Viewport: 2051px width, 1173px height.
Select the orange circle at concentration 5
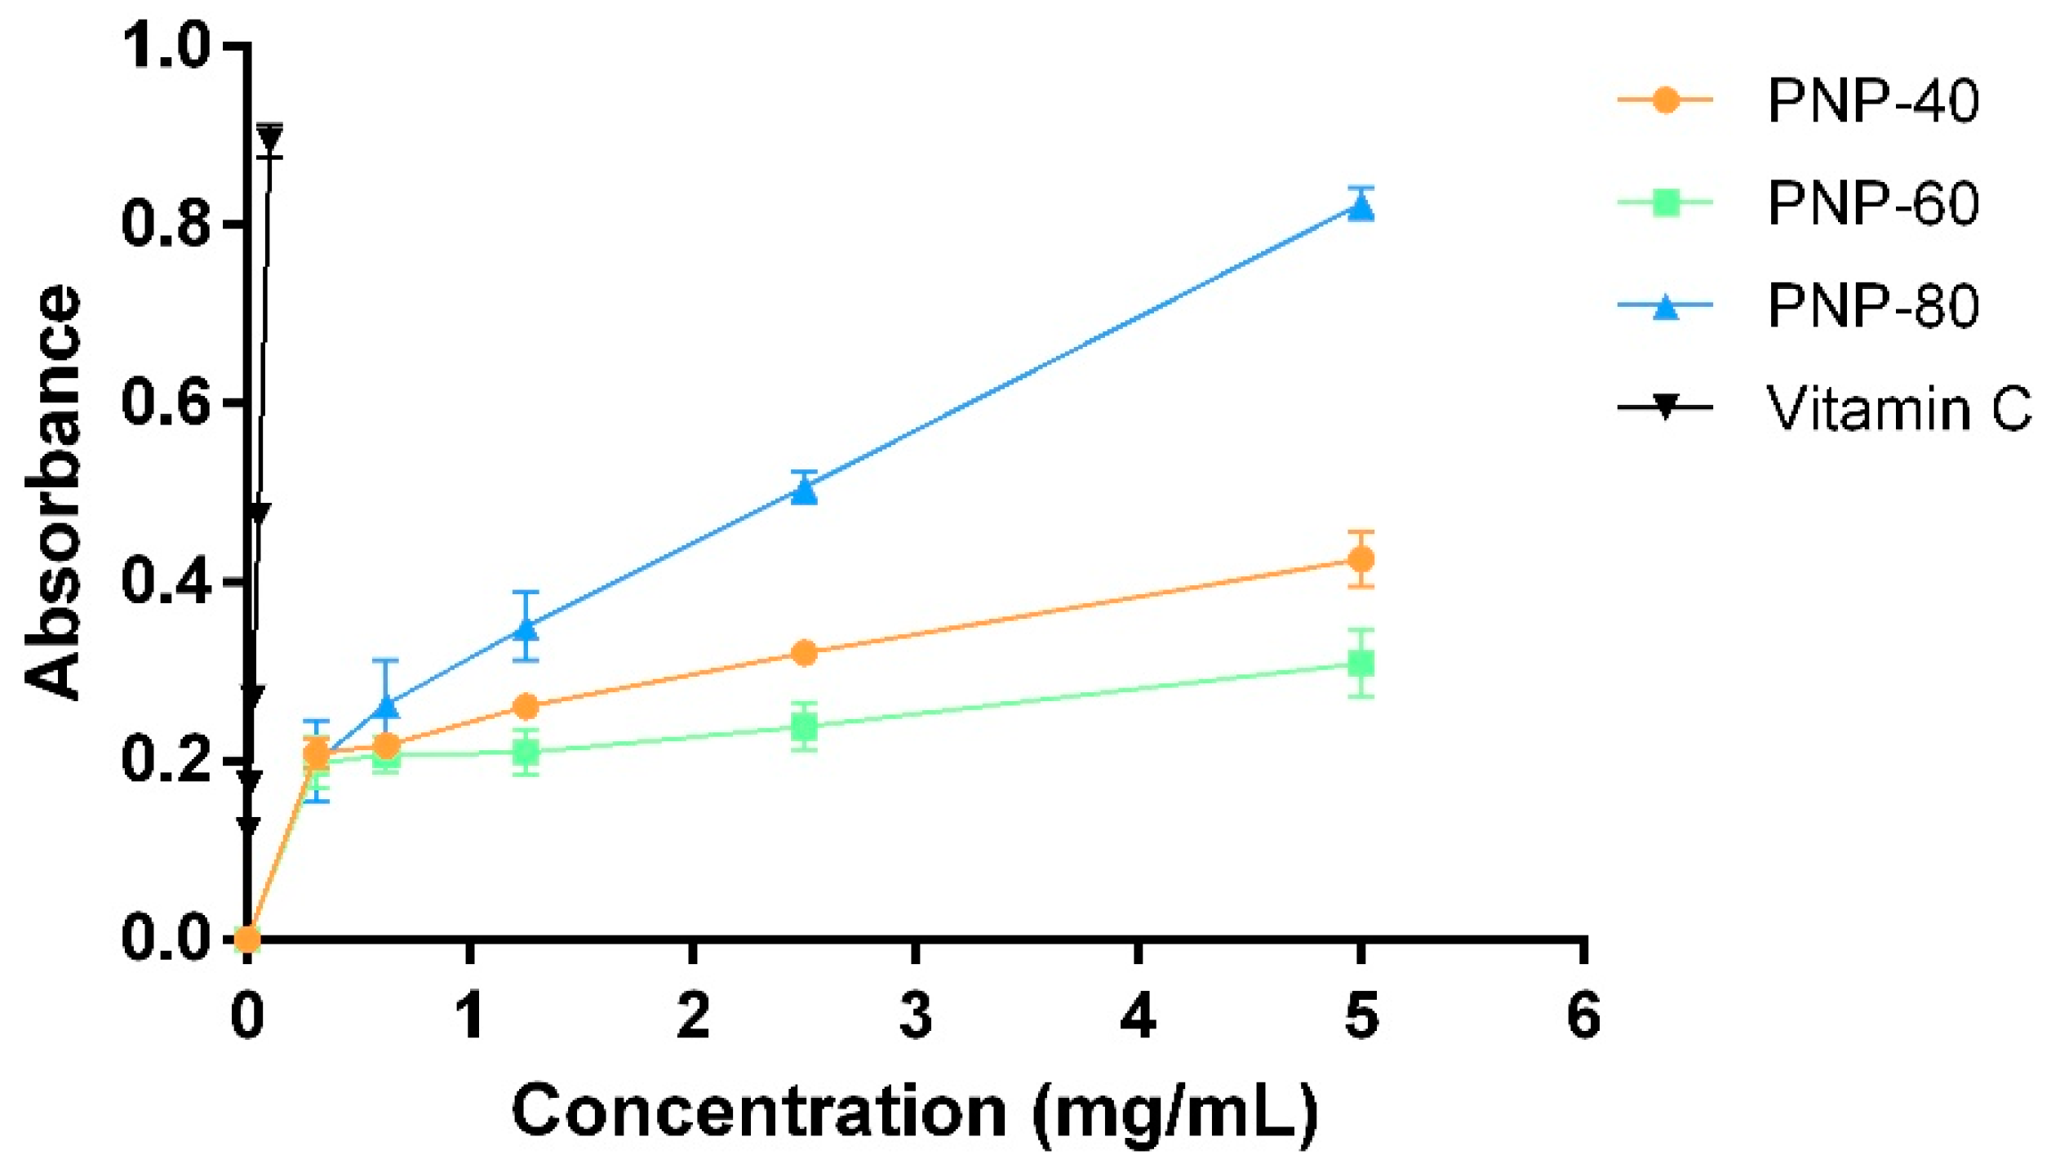pos(1361,560)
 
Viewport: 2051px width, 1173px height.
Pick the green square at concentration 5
pos(1361,664)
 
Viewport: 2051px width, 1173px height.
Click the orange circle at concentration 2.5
pos(805,653)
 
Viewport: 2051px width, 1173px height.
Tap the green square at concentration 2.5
pos(805,726)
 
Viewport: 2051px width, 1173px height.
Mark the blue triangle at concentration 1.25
pos(527,628)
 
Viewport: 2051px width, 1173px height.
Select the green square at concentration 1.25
pos(527,751)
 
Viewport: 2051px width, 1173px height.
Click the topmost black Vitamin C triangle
pos(270,136)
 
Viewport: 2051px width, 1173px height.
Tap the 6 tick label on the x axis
pos(1584,1016)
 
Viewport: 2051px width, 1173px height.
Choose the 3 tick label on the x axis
pos(916,1016)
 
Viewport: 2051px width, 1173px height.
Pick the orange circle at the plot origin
pos(247,940)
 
